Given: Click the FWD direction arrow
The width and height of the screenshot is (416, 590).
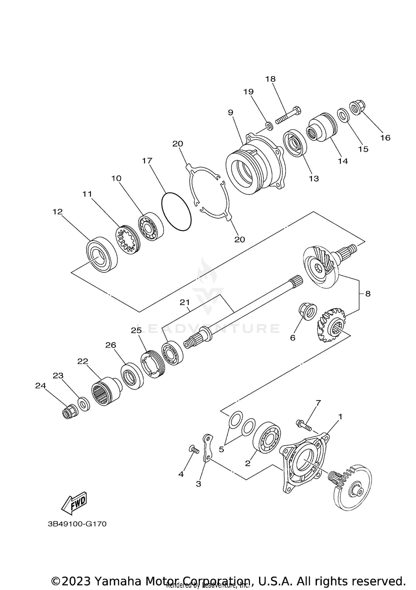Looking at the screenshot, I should coord(74,502).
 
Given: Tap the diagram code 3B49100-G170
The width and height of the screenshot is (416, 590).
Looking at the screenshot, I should coord(77,524).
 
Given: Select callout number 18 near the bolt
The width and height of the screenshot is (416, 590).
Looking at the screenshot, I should coord(270,79).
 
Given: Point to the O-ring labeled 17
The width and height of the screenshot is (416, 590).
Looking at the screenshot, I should coord(176,212).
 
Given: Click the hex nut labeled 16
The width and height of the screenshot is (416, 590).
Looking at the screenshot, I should coord(357,107).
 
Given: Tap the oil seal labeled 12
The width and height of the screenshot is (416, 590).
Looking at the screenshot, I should coord(102,254).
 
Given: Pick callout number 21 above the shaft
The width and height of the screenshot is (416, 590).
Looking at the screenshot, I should coord(184,302).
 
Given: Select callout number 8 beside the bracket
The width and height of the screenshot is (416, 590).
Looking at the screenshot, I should coord(368,294).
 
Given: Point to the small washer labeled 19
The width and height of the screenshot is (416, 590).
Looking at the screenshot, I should coord(269,126).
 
